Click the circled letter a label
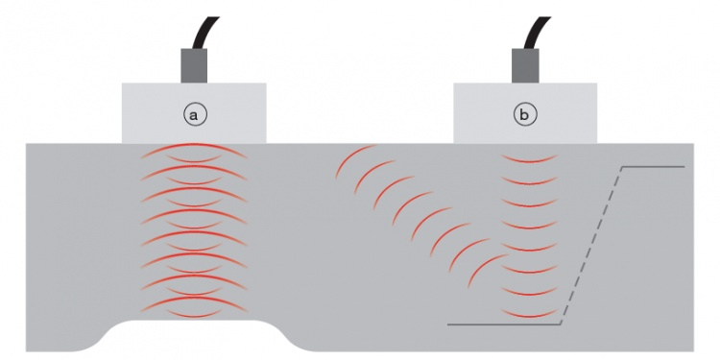coord(195,114)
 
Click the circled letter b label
coord(524,114)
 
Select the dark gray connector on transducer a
coord(195,64)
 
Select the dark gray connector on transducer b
coord(524,64)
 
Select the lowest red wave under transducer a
coord(194,310)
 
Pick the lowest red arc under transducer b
coord(529,314)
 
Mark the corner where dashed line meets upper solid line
coord(622,167)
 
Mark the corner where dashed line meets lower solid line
coord(562,324)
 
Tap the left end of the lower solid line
coord(449,324)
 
